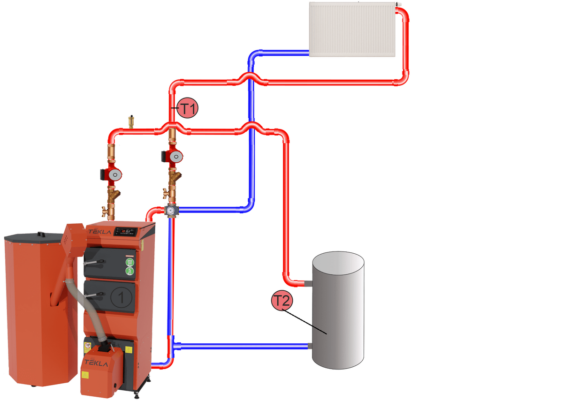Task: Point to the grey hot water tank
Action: (338, 310)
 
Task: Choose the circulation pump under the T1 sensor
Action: (174, 157)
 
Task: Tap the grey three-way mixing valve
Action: (172, 211)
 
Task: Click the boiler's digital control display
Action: (126, 231)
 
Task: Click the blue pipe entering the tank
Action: (244, 347)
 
